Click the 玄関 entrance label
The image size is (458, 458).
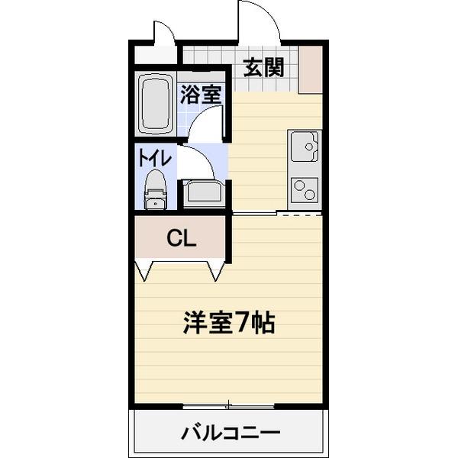coord(264,68)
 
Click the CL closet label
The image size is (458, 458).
coord(182,238)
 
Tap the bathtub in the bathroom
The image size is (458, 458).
coord(155,102)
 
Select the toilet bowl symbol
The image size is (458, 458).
coord(156,188)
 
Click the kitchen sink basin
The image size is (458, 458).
coord(304,146)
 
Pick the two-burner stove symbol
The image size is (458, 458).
coord(305,189)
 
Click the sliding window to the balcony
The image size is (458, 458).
coord(229,404)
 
